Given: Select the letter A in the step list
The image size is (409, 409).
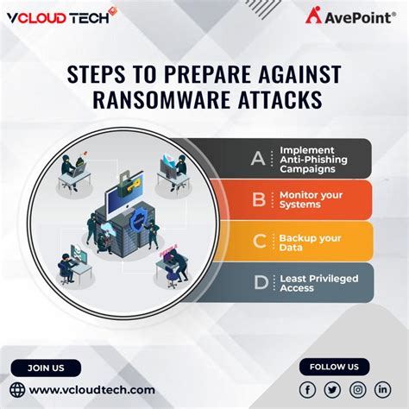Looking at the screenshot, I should pos(257,158).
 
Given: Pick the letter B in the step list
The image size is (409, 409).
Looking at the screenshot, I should pos(257,200).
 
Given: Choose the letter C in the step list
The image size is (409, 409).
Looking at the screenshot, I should pos(257,242).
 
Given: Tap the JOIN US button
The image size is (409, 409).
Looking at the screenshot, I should pos(46,368).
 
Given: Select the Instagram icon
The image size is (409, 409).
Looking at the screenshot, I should pos(358,390).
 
